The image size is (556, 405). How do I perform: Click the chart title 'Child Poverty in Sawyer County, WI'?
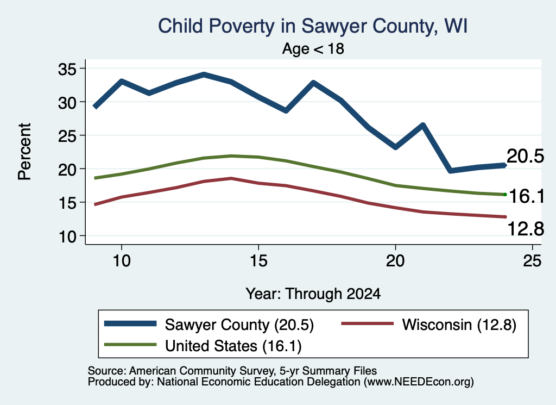[x=313, y=26]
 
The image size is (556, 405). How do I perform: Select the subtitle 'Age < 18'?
[x=313, y=48]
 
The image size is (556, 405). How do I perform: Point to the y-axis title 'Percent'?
[x=25, y=152]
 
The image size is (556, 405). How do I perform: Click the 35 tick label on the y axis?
[x=67, y=69]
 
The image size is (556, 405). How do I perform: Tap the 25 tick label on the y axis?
[x=67, y=136]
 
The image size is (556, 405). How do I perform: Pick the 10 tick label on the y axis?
[x=67, y=237]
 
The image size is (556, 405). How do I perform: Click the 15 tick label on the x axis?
[x=258, y=261]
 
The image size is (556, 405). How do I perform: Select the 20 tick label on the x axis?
[x=395, y=261]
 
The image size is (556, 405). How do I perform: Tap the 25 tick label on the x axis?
[x=532, y=261]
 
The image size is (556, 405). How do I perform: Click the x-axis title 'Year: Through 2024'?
[x=313, y=294]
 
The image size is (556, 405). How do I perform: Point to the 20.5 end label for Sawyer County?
[x=525, y=156]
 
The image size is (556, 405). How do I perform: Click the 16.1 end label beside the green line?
[x=527, y=196]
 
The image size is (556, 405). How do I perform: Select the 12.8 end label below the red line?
[x=526, y=228]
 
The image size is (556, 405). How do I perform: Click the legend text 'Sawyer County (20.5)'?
[x=239, y=325]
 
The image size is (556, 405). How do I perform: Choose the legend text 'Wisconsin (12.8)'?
[x=459, y=325]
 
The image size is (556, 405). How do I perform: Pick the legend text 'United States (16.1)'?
[x=233, y=346]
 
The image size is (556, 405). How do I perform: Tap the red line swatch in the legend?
[x=368, y=323]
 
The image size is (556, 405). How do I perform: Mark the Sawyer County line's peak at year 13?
[x=204, y=75]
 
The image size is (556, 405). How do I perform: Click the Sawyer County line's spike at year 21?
[x=422, y=125]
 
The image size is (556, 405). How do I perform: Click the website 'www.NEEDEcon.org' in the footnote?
[x=419, y=382]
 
